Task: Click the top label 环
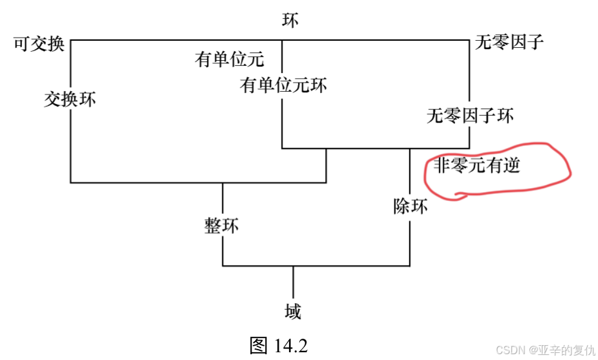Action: [291, 20]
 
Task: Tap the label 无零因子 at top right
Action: [509, 43]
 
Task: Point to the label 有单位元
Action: [230, 60]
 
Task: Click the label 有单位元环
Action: [284, 85]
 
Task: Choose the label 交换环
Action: [70, 99]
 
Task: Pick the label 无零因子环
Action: [470, 116]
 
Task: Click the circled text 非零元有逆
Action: [476, 166]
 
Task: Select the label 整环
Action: [222, 226]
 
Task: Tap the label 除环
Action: [411, 207]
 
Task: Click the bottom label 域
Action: [293, 313]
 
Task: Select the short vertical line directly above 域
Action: [293, 282]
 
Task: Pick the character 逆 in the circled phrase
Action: [511, 166]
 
